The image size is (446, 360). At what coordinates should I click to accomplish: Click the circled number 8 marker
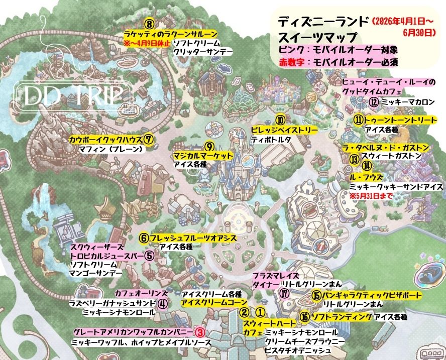[x=149, y=24]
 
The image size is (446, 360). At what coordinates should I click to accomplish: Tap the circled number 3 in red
[x=199, y=332]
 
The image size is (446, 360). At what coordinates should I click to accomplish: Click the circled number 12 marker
[x=374, y=101]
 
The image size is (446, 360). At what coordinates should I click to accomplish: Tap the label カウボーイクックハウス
[x=105, y=139]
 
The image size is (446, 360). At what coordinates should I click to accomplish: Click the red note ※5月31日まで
[x=371, y=195]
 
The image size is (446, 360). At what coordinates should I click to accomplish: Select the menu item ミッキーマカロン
[x=408, y=102]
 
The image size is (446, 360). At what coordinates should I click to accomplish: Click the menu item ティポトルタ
[x=271, y=140]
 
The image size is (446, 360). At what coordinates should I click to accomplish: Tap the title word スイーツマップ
[x=317, y=37]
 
